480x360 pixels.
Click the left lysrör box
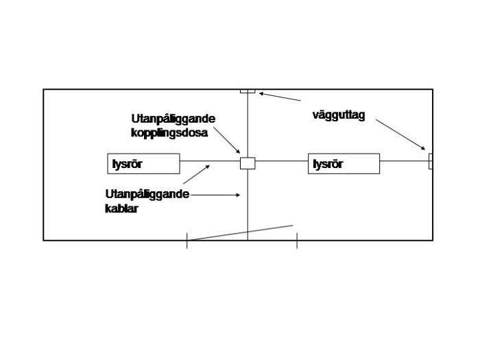(144, 163)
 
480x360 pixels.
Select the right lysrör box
(344, 163)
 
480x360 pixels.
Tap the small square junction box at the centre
(247, 163)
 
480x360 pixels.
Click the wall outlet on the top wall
(248, 91)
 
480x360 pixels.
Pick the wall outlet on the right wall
(431, 161)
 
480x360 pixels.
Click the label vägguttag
(338, 115)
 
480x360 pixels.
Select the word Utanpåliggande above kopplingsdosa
(173, 119)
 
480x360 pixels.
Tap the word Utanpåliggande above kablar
(147, 195)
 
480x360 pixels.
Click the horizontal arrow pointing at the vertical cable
(216, 195)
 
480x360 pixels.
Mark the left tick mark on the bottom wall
(187, 240)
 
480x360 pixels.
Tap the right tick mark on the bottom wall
(296, 240)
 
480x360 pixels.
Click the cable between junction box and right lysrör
(281, 163)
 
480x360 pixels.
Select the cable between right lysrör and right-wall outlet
(404, 161)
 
